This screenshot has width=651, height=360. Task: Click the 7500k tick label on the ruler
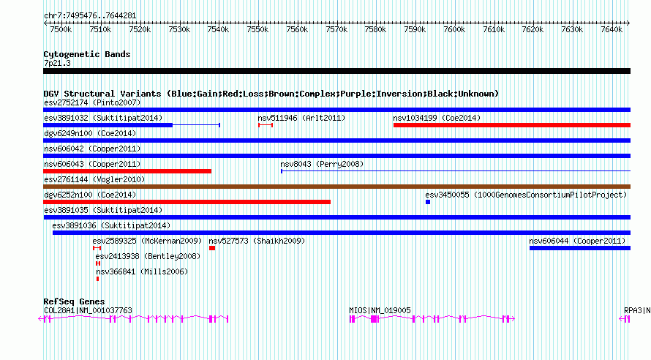(x=61, y=30)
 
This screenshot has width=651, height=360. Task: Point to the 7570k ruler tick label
(x=336, y=30)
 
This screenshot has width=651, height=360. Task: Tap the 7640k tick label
(x=611, y=30)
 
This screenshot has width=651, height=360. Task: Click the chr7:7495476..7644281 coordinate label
(x=89, y=15)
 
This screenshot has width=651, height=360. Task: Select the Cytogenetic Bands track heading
(x=86, y=54)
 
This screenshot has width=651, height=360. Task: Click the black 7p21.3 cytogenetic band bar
(x=336, y=71)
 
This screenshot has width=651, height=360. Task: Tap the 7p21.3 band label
(x=57, y=63)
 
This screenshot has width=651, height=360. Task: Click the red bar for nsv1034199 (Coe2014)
(x=511, y=125)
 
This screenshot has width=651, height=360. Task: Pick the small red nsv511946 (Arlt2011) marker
(x=266, y=125)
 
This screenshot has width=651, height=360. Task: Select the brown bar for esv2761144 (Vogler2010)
(x=336, y=187)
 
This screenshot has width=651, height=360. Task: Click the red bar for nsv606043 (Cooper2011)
(x=127, y=171)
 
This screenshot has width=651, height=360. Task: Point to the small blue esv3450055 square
(x=428, y=202)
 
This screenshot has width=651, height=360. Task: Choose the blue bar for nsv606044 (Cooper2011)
(x=579, y=248)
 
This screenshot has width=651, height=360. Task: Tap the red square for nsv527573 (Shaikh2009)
(x=212, y=248)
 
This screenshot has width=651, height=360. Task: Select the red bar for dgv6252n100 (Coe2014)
(x=187, y=202)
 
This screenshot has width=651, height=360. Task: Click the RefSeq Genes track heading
(x=74, y=301)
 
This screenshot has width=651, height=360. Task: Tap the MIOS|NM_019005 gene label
(x=380, y=310)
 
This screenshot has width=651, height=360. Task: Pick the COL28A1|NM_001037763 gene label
(x=88, y=310)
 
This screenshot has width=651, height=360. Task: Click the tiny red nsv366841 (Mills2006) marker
(x=97, y=279)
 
